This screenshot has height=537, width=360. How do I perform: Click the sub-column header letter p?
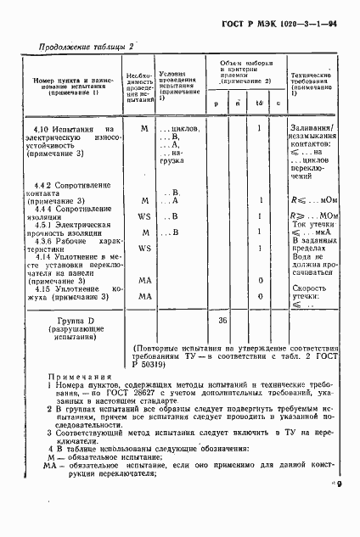(216, 103)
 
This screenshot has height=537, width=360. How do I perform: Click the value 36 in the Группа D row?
(223, 321)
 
